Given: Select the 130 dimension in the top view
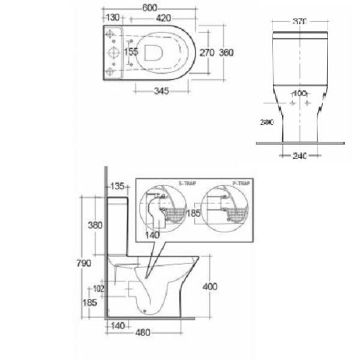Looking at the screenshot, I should point(112,18).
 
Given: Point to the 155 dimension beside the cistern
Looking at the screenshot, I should point(131,52).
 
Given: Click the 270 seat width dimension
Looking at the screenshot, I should point(207,53).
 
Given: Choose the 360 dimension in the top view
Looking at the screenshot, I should point(226,53).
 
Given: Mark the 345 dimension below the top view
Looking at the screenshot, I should point(161,91).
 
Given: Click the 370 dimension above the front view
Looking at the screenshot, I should point(300,22).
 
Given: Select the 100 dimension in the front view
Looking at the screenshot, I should point(299,93).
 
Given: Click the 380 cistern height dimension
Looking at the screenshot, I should point(95,226).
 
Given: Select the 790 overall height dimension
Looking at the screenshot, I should point(83,263).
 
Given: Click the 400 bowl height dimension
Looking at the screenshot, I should point(210,287).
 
